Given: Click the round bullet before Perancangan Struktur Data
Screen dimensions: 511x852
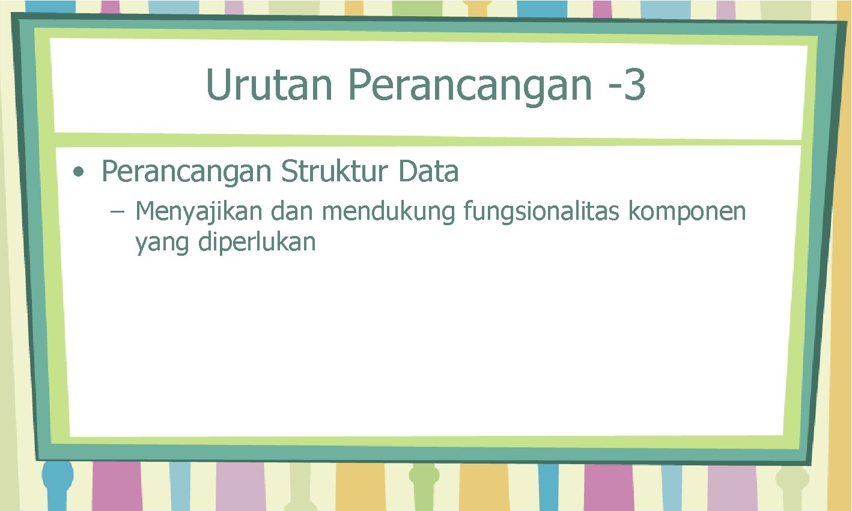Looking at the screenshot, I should pos(78,172).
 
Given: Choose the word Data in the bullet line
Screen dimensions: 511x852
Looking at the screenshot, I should pos(428,171).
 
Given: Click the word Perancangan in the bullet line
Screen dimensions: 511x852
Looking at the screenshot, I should pos(186,172).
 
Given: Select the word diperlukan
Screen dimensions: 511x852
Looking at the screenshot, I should pos(257,242).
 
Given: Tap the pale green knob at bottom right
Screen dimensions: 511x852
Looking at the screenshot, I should pos(792,479).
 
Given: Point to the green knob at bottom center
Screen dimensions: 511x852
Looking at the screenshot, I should pos(424,476).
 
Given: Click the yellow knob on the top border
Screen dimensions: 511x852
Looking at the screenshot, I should pos(476,9).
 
